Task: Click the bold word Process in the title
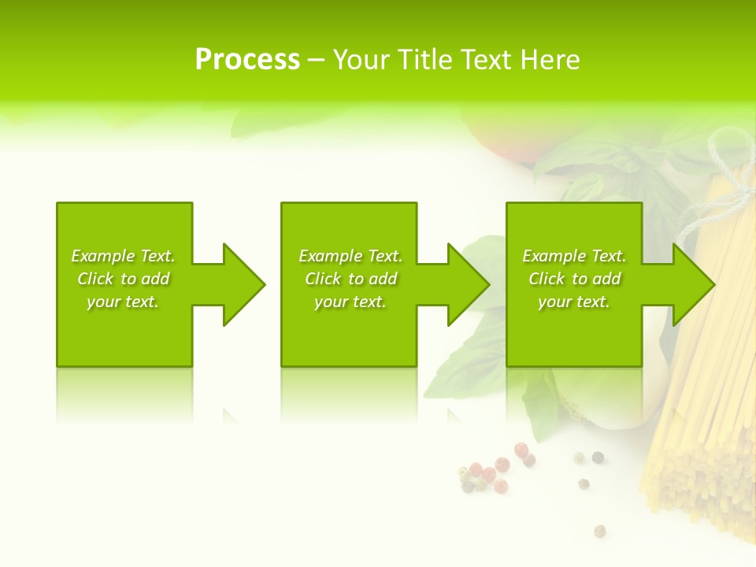(x=247, y=59)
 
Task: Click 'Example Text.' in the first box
(x=123, y=256)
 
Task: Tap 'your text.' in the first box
(x=123, y=302)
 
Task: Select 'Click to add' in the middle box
(x=350, y=279)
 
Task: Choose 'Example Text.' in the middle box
(x=350, y=256)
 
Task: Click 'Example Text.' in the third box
(x=574, y=256)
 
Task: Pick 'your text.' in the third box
(x=574, y=302)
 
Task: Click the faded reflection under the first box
(x=124, y=394)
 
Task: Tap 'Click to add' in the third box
(x=574, y=279)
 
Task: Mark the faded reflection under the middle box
(x=349, y=394)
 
